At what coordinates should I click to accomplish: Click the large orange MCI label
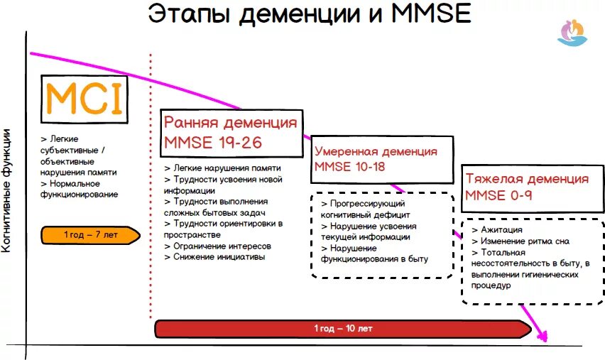(x=85, y=99)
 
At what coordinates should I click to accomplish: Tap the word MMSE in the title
(x=431, y=15)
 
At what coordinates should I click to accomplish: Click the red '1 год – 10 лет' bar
(x=343, y=329)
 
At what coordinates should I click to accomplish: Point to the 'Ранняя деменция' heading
(x=231, y=122)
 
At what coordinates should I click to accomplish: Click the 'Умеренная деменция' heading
(x=376, y=151)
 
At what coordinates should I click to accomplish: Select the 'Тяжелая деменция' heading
(x=527, y=179)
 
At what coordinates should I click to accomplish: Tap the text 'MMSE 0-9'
(x=498, y=195)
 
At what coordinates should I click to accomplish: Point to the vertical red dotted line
(x=151, y=185)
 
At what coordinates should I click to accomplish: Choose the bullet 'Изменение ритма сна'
(x=525, y=241)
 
